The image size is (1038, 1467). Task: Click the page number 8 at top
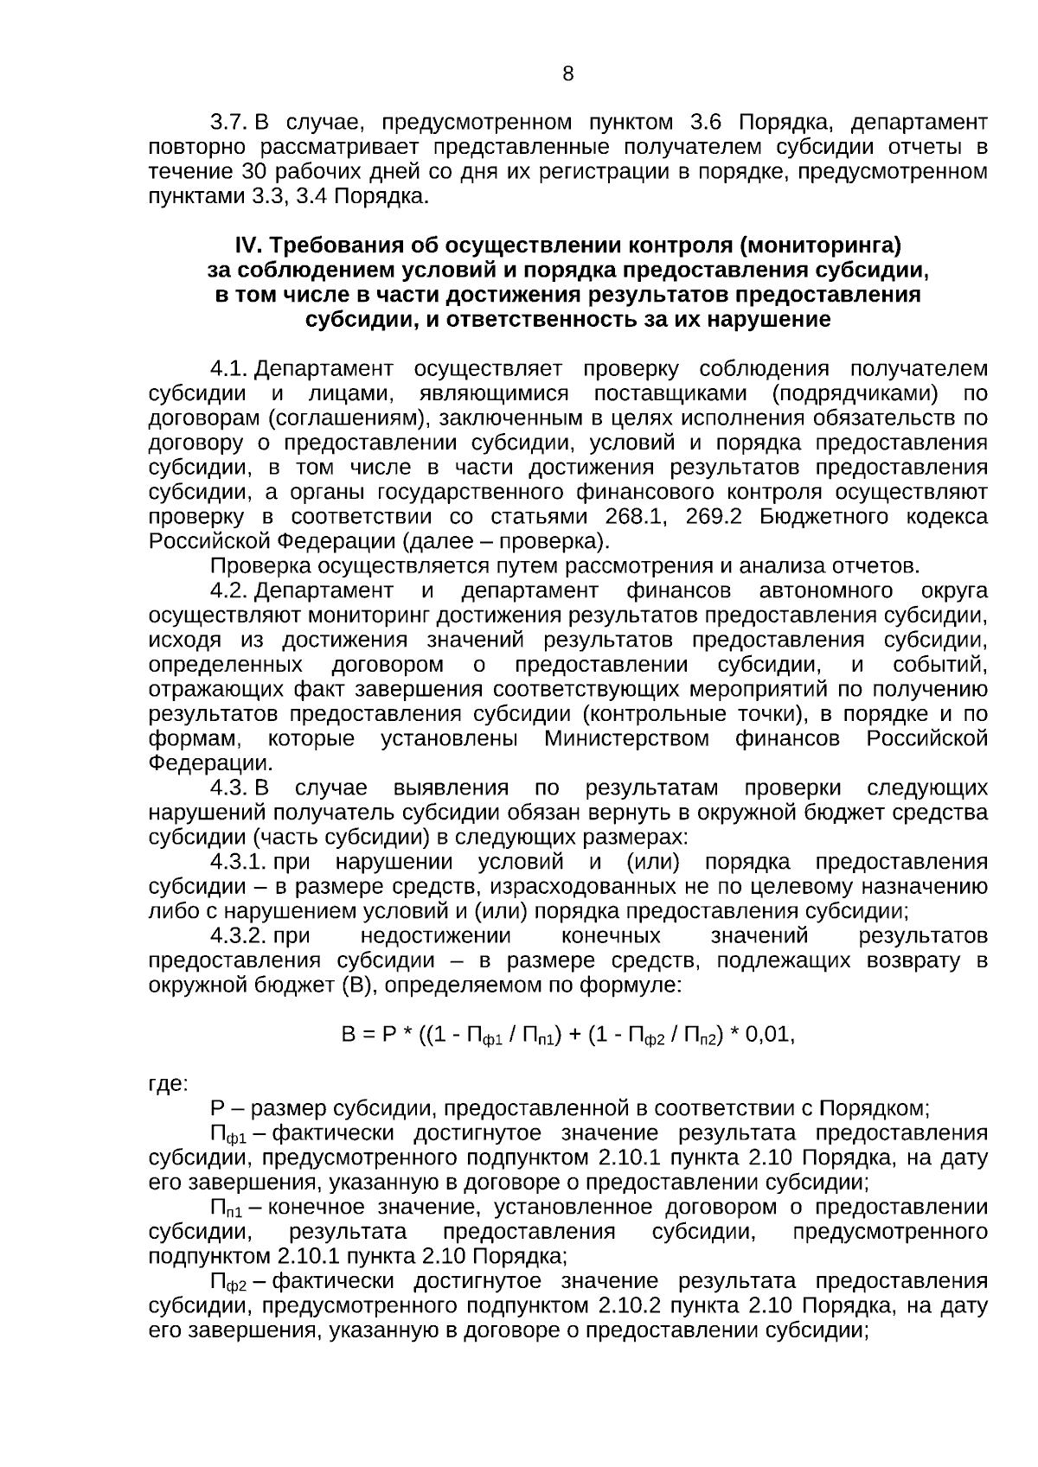(567, 74)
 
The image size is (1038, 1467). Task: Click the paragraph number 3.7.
(230, 123)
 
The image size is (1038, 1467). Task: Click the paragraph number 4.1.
(230, 370)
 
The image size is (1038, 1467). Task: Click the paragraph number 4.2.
(230, 591)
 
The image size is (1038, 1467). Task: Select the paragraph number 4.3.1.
(237, 863)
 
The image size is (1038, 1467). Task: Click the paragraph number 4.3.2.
(237, 937)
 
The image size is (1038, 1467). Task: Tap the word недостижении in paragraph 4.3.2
(435, 937)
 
